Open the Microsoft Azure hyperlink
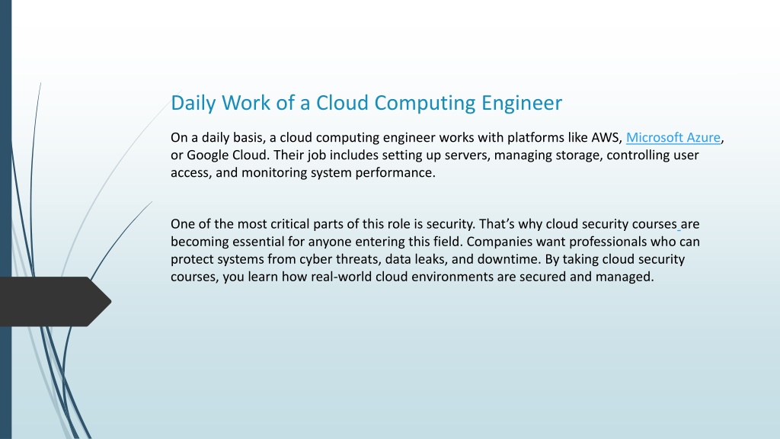(x=673, y=137)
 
